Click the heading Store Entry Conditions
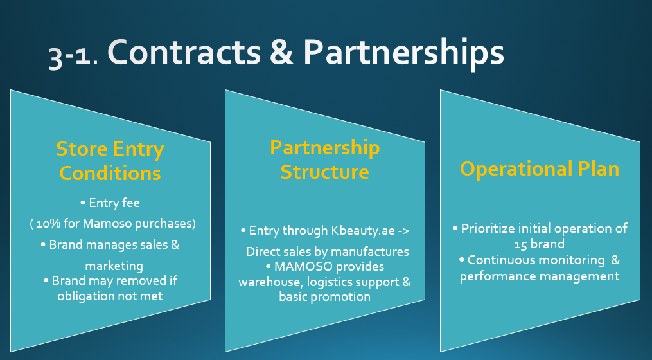click(x=110, y=161)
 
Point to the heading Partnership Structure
click(x=324, y=159)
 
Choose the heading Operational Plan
click(x=540, y=168)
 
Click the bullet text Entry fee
click(x=110, y=203)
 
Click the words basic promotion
click(x=324, y=296)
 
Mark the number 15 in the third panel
click(x=521, y=244)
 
